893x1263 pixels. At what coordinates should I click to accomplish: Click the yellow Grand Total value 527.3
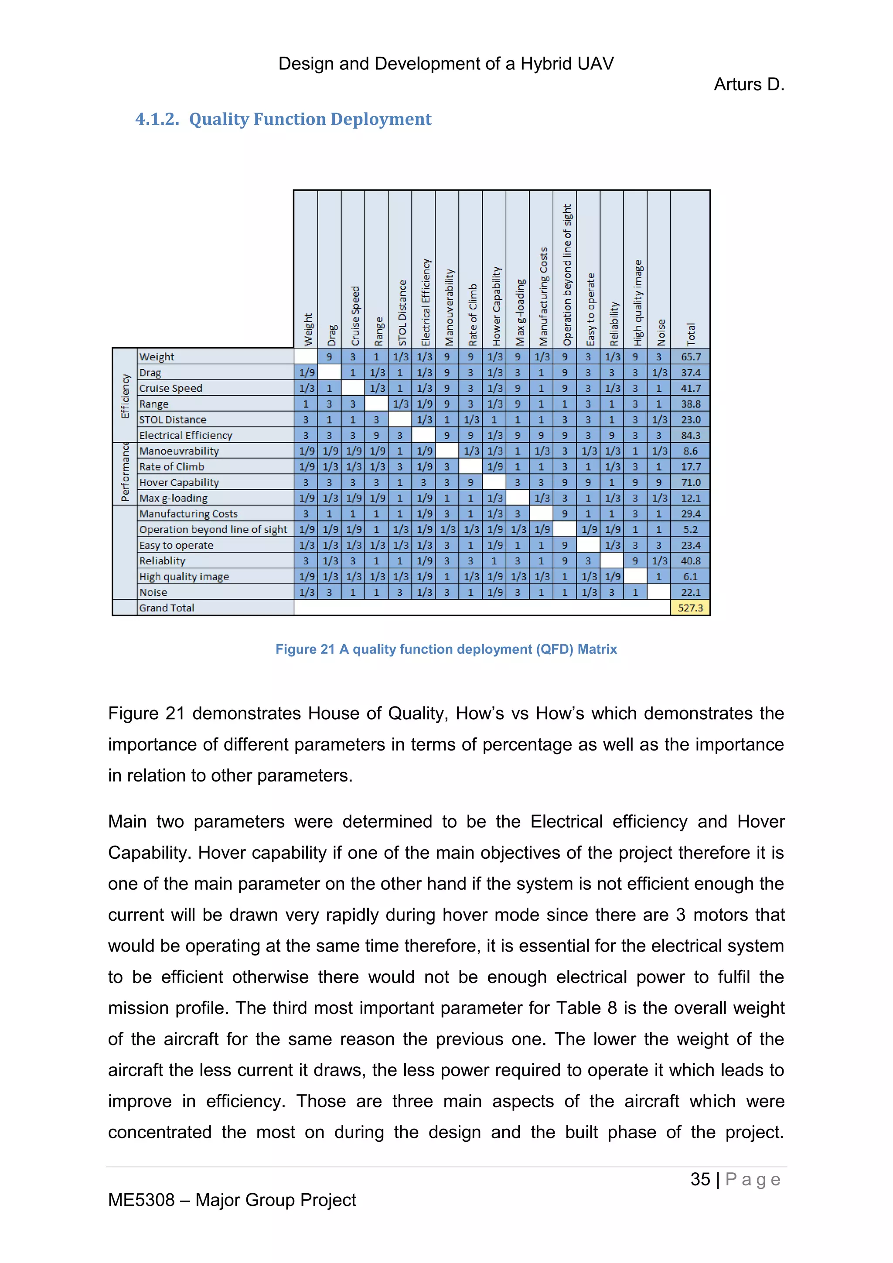coord(690,608)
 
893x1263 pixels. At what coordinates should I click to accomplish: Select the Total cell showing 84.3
coord(690,435)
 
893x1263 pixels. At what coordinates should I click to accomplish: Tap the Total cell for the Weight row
coord(690,356)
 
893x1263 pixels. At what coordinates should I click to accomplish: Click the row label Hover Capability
coord(179,482)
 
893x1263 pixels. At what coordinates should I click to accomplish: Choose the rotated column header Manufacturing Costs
coord(543,296)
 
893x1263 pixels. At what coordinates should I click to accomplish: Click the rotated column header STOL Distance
coord(402,312)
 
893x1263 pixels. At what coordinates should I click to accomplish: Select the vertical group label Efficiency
coord(125,396)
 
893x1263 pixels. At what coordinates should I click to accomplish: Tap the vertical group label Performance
coord(125,472)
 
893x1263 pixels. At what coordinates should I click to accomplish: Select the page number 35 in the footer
coord(700,1179)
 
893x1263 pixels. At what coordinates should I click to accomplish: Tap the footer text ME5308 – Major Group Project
coord(232,1200)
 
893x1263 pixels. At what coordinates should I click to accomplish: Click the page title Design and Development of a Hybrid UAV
coord(446,64)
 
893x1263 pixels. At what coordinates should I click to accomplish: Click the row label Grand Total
coord(167,608)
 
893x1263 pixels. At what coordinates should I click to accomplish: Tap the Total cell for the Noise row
coord(690,592)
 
